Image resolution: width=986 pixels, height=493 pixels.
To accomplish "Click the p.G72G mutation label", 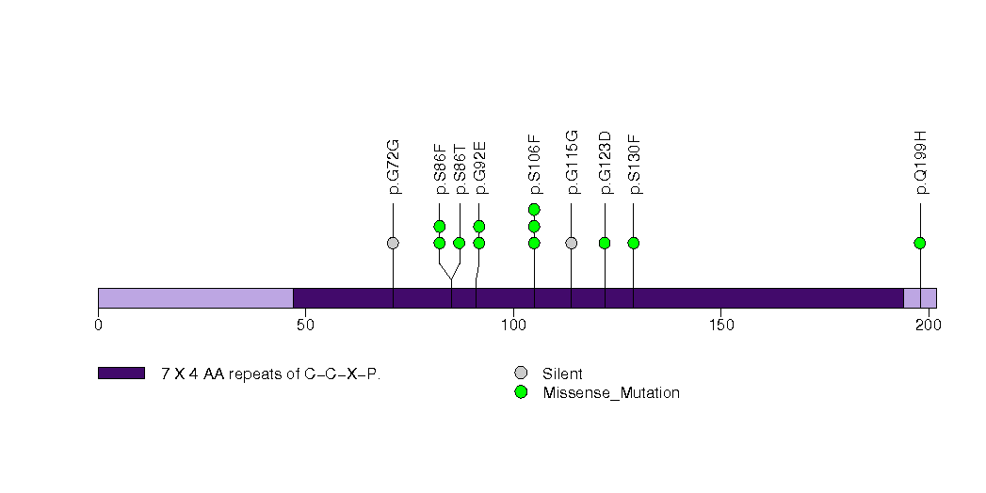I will pos(394,167).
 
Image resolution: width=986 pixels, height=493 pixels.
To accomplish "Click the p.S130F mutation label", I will pos(634,167).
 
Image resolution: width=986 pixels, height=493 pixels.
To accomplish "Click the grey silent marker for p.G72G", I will pos(393,243).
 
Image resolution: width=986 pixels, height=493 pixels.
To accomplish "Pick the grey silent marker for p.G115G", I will pos(571,243).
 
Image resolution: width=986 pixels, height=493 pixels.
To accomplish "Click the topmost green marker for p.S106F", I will pos(534,209).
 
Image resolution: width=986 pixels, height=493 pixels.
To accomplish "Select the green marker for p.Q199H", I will pos(920,243).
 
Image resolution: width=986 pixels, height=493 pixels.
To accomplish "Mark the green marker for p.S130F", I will pos(634,243).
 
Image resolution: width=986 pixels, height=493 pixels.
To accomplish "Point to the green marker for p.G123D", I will pos(605,243).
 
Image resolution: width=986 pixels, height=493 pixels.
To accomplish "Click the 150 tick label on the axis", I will pos(720,326).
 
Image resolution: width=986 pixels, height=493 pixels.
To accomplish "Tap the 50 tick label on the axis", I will pos(305,326).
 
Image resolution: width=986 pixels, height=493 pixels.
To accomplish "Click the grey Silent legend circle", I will pos(521,374).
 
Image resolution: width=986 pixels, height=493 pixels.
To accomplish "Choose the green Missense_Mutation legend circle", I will pos(521,392).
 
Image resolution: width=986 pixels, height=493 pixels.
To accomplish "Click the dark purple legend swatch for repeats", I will pos(121,374).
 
